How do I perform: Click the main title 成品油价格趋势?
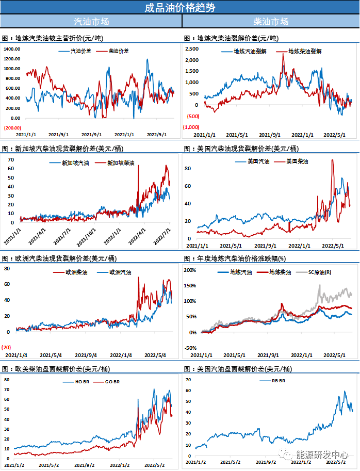click(x=179, y=7)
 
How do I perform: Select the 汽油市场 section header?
click(x=91, y=22)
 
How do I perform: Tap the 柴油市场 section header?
click(x=271, y=22)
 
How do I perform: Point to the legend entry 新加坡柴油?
click(x=120, y=163)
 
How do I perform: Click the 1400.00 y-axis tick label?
click(x=12, y=49)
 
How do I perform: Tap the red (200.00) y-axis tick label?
click(x=12, y=127)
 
